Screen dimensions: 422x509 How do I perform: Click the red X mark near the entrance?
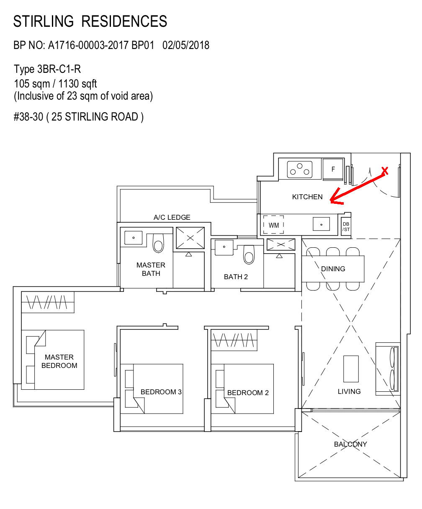point(385,171)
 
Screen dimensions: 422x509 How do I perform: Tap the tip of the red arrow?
point(330,201)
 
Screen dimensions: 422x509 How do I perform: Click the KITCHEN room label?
point(307,197)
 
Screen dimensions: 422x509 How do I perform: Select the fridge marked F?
point(333,169)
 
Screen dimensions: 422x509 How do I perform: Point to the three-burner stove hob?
point(300,170)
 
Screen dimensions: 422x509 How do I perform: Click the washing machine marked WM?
point(273,225)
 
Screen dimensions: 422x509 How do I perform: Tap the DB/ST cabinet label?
point(346,227)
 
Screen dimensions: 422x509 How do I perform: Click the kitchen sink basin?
point(322,224)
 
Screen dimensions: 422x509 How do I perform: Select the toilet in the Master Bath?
point(158,243)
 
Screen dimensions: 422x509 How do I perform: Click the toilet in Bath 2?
point(249,255)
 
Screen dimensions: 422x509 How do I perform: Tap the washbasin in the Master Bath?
point(133,238)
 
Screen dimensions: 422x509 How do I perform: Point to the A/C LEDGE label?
point(172,217)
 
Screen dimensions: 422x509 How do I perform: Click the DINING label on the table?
point(333,269)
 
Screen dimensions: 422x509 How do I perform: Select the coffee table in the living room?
point(351,369)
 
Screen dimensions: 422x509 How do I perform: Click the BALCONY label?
point(350,444)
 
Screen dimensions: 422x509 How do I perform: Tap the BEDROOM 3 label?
point(161,392)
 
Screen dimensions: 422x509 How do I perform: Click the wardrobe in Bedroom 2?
point(234,340)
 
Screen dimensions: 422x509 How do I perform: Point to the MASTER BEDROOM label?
point(59,361)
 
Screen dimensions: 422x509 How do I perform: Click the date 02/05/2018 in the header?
point(186,45)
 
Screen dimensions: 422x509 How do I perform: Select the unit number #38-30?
point(28,117)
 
